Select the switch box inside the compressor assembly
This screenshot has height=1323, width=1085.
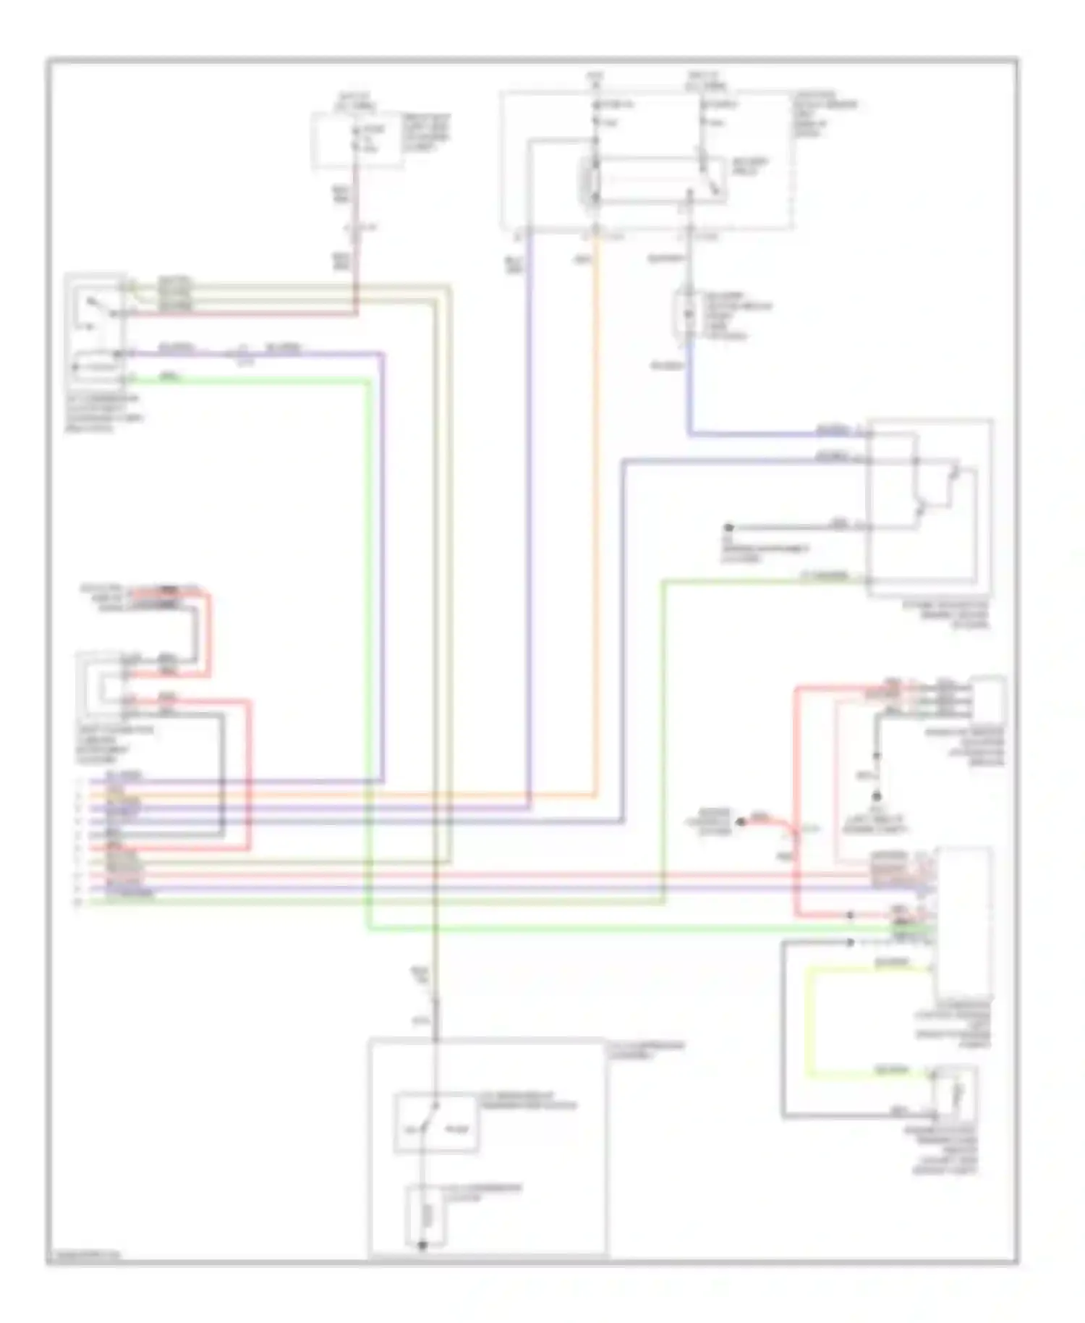click(x=435, y=1123)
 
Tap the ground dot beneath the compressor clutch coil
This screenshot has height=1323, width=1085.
click(x=422, y=1245)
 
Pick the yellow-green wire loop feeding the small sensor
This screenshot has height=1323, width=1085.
click(x=814, y=1020)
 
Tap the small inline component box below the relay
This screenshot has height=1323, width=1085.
click(x=684, y=313)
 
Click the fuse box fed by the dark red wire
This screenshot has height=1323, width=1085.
click(x=357, y=140)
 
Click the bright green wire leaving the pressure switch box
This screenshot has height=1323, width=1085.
click(x=253, y=381)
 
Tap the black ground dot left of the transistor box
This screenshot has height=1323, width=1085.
click(x=729, y=527)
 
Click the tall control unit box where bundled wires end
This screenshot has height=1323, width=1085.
click(x=964, y=923)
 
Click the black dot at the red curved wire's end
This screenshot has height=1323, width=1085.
click(x=740, y=821)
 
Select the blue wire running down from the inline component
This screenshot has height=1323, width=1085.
click(x=689, y=391)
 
